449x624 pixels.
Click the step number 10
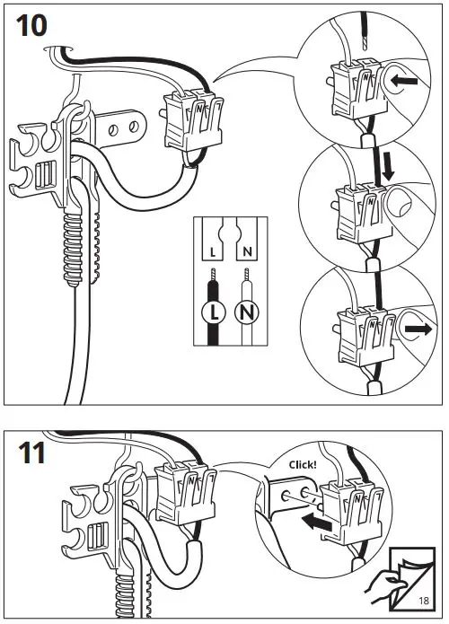click(x=31, y=25)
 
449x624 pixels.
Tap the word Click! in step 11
click(x=303, y=464)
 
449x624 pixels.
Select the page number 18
click(x=424, y=600)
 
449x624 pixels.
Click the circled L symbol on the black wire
click(x=214, y=312)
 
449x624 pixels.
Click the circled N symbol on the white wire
click(x=247, y=312)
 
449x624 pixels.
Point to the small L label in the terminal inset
click(x=213, y=252)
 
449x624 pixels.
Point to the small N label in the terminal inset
click(x=247, y=251)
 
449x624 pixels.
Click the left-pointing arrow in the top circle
click(x=404, y=81)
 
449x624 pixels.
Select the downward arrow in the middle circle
click(x=387, y=167)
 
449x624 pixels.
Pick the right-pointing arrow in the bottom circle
click(x=418, y=330)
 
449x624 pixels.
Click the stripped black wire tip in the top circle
click(x=365, y=40)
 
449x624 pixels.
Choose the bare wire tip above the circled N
click(x=247, y=275)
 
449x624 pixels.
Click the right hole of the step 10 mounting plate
click(x=134, y=127)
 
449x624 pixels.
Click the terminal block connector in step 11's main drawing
click(x=185, y=495)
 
